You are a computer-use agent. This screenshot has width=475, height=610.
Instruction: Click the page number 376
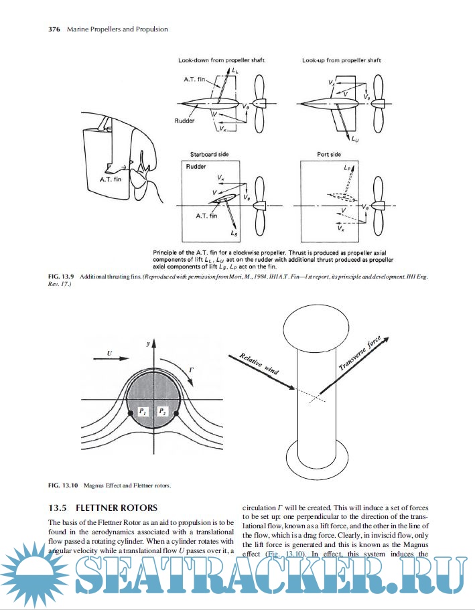point(56,29)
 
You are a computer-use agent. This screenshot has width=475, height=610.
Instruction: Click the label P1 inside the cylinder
point(143,411)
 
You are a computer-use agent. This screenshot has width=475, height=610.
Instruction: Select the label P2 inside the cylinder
point(163,411)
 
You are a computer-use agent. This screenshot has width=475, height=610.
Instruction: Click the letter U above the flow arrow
point(109,351)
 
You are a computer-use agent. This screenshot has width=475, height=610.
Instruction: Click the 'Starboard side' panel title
point(209,155)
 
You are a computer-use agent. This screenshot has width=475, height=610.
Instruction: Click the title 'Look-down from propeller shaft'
point(218,60)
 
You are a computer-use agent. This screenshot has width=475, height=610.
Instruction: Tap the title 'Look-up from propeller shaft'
point(342,60)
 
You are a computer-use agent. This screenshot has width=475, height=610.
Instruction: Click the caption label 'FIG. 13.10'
point(64,484)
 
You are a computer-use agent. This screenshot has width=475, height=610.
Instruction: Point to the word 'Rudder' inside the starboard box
point(196,166)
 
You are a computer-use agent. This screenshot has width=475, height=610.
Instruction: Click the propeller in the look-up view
point(378,104)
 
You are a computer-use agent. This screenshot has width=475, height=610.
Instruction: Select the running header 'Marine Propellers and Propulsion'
point(117,29)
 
